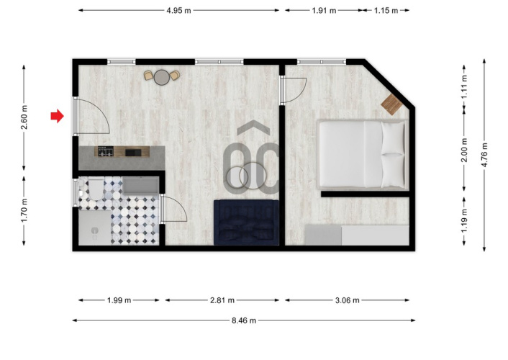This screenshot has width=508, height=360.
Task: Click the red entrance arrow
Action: [58, 116]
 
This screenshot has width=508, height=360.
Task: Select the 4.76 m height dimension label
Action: [485, 155]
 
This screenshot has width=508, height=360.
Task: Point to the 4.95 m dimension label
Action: [179, 10]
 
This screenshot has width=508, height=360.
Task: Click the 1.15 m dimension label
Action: [386, 10]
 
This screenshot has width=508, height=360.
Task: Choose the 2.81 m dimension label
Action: [222, 300]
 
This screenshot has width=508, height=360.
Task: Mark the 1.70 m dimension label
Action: [24, 211]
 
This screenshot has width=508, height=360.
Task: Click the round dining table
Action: [162, 77]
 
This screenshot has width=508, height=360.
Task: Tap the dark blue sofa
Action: [246, 222]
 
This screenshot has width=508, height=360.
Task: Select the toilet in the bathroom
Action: [94, 189]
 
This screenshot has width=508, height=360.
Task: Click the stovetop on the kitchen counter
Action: [106, 151]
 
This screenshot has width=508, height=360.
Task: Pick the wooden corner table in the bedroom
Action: [391, 104]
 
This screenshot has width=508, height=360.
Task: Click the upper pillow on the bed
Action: [393, 138]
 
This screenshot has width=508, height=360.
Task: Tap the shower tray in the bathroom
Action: [94, 228]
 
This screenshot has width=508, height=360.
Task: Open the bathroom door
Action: [173, 209]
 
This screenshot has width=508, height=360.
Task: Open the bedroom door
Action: [294, 91]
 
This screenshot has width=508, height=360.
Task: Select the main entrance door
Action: [92, 116]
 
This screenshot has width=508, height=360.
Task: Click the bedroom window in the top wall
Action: [322, 62]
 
